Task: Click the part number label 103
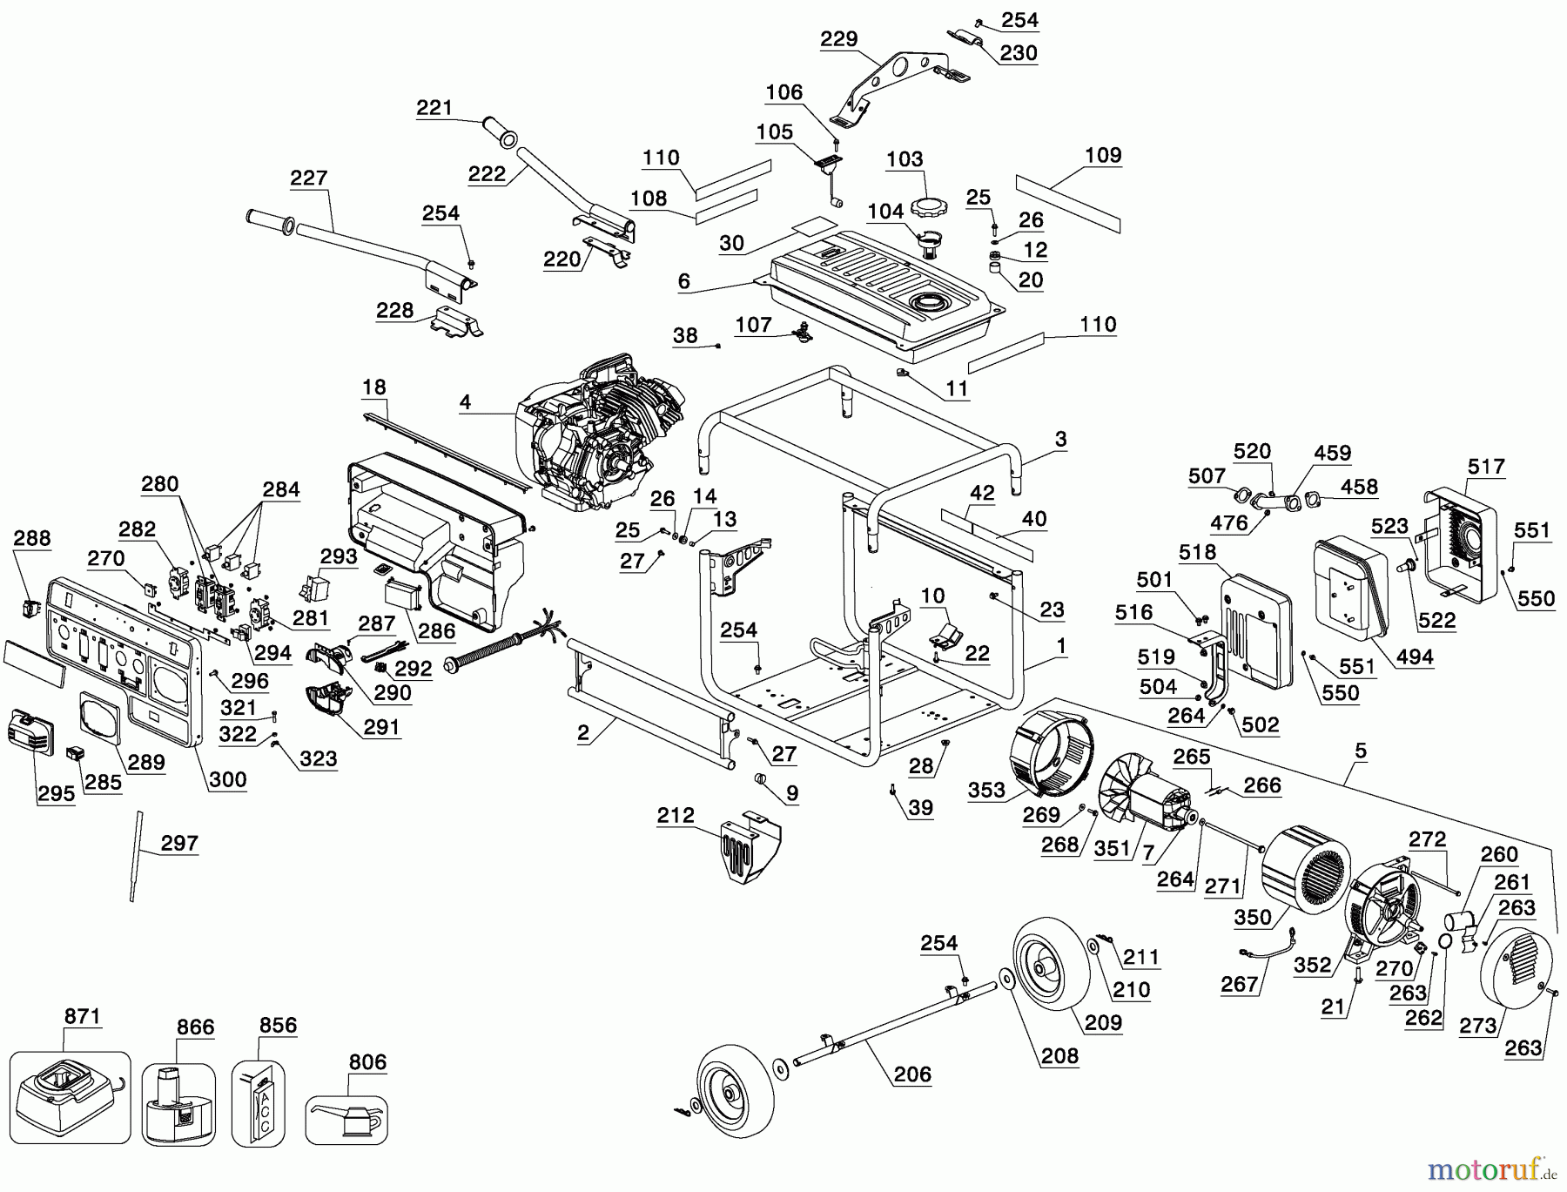(905, 159)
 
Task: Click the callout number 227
(308, 178)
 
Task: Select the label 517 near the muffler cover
(1486, 467)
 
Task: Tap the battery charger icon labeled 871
(70, 1097)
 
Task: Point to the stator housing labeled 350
(1306, 866)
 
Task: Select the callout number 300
(228, 779)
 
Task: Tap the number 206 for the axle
(912, 1074)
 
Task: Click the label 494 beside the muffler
(1414, 657)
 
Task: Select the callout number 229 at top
(839, 39)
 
